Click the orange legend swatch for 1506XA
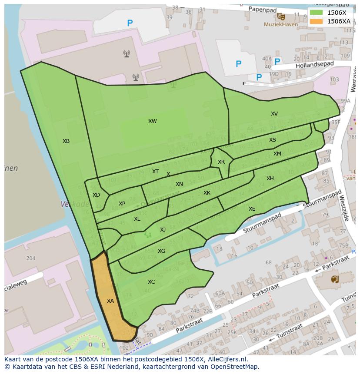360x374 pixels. [x=316, y=21]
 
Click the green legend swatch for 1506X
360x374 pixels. [x=316, y=13]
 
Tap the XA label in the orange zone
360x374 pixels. [x=110, y=301]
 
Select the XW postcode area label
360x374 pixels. [x=152, y=121]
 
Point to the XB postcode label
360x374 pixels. [x=66, y=141]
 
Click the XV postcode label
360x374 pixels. [x=274, y=114]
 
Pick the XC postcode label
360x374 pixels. [x=151, y=282]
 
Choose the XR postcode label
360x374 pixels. [x=221, y=162]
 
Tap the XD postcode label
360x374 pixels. [x=96, y=195]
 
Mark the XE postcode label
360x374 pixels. [x=252, y=209]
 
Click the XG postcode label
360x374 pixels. [x=161, y=251]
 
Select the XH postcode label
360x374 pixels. [x=270, y=179]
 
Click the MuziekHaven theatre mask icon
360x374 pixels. [x=282, y=17]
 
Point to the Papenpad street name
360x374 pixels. [x=263, y=9]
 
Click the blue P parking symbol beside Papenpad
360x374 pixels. [x=130, y=23]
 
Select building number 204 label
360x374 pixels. [x=30, y=258]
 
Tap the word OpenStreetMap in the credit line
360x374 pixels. [x=235, y=367]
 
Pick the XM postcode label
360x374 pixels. [x=277, y=154]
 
